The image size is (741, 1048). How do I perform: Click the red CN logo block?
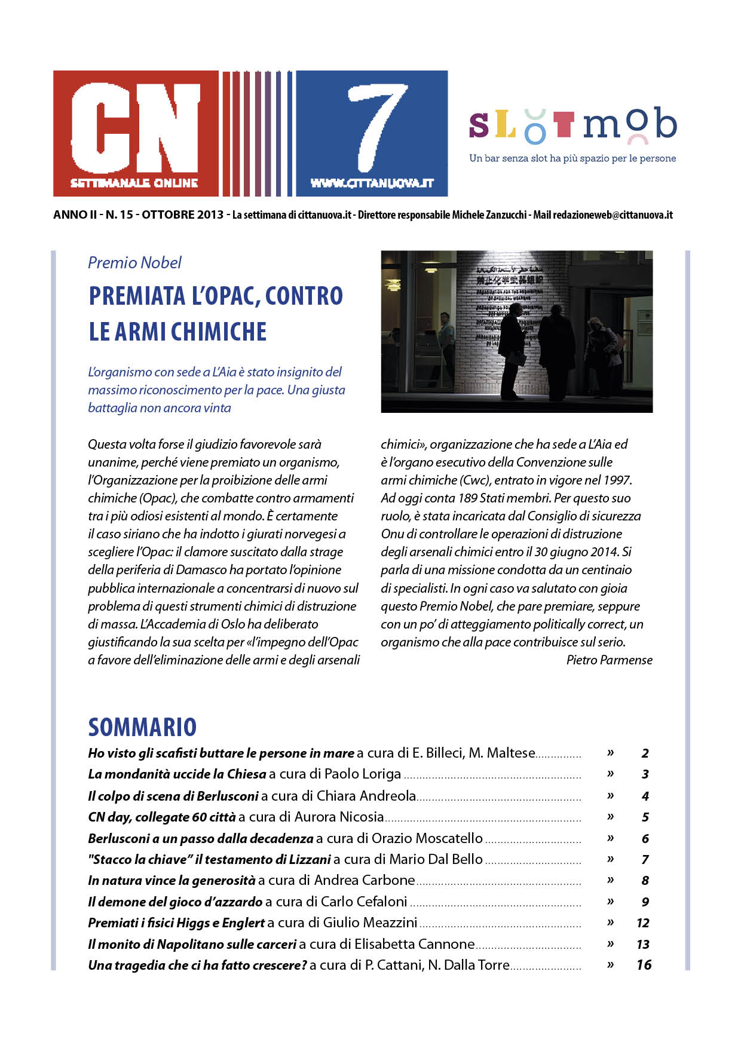pos(136,133)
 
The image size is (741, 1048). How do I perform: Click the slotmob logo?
pos(572,125)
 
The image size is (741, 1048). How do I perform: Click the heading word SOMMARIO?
pos(142,727)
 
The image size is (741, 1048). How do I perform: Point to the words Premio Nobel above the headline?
pos(134,262)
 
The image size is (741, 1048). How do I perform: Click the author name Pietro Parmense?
pos(609,660)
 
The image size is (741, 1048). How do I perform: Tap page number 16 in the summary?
pos(644,965)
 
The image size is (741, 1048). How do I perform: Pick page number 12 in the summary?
pos(643,923)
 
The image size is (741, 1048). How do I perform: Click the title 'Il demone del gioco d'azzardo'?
pos(175,902)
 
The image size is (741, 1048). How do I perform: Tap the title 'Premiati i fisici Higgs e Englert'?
pos(176,923)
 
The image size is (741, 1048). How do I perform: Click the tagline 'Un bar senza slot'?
pos(572,158)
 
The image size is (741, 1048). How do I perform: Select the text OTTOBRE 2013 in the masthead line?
pos(182,215)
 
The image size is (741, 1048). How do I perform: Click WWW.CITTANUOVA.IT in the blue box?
pos(372,183)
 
